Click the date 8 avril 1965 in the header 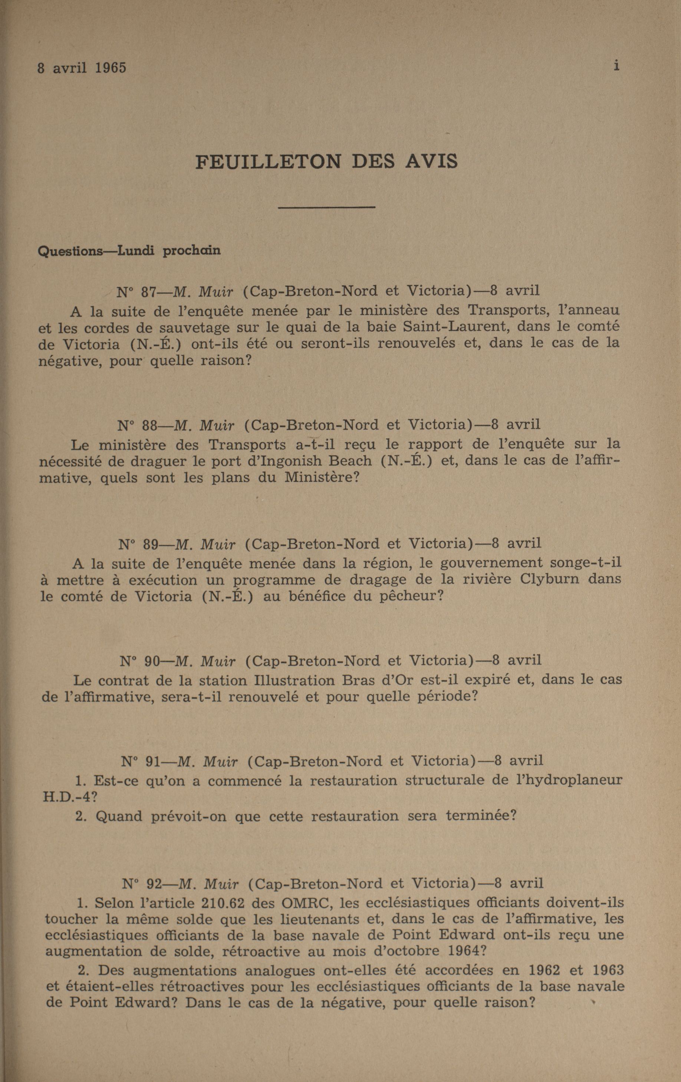[82, 68]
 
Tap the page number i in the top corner [616, 66]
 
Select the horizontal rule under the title [326, 207]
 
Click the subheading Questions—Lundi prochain [129, 250]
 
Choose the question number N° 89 [138, 544]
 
